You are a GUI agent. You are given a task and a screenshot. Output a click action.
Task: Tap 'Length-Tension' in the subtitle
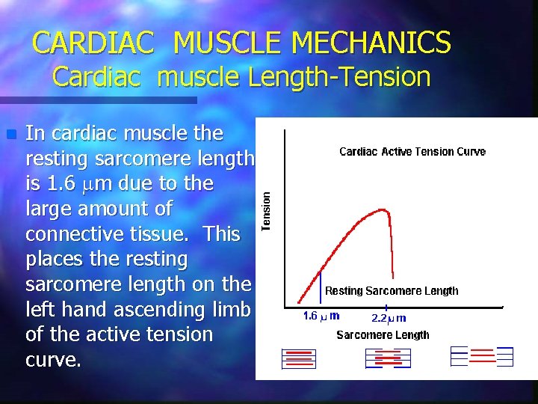coord(350,77)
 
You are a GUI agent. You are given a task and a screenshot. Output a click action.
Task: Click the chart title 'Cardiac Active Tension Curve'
coord(412,152)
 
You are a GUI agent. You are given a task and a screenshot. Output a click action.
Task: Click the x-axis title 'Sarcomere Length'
coord(383,335)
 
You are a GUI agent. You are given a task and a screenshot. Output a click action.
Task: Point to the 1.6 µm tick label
coord(321,316)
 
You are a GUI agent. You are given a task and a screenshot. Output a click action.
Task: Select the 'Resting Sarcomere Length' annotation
coord(391,291)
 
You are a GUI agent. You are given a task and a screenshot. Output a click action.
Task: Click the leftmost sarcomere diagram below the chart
coord(299,358)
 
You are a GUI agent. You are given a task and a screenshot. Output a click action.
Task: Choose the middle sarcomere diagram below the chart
coord(388,358)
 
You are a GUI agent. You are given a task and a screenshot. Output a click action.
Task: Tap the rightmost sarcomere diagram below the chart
coord(483,356)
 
